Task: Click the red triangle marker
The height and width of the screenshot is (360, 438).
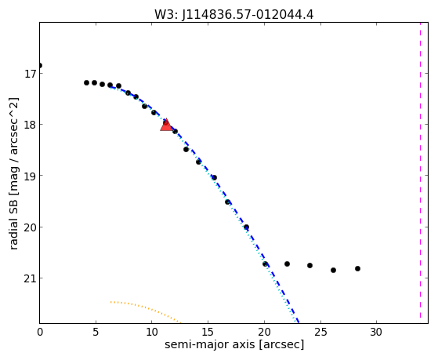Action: pyautogui.click(x=166, y=125)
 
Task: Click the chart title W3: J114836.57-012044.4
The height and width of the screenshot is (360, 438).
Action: pyautogui.click(x=234, y=14)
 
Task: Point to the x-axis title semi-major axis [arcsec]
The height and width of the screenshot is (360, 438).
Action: pyautogui.click(x=234, y=344)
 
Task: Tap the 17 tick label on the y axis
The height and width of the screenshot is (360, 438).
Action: pyautogui.click(x=29, y=74)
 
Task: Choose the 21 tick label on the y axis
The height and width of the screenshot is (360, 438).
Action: pyautogui.click(x=29, y=278)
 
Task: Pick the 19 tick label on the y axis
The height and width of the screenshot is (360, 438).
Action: pyautogui.click(x=29, y=176)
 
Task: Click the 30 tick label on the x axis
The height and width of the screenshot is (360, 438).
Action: pyautogui.click(x=376, y=332)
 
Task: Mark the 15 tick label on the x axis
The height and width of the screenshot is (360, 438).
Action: pyautogui.click(x=208, y=332)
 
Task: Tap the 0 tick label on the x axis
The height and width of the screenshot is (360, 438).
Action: pyautogui.click(x=40, y=332)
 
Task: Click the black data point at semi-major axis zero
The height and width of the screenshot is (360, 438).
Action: pyautogui.click(x=40, y=65)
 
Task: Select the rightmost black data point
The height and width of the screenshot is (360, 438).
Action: pyautogui.click(x=357, y=268)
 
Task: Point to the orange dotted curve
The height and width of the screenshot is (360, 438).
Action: pyautogui.click(x=146, y=309)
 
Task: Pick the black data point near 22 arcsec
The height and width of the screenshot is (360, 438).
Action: pyautogui.click(x=287, y=264)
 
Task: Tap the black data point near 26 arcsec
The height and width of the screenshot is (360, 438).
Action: pyautogui.click(x=333, y=270)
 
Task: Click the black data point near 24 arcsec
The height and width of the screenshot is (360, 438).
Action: pyautogui.click(x=309, y=265)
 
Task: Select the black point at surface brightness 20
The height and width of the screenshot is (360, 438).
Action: pyautogui.click(x=246, y=227)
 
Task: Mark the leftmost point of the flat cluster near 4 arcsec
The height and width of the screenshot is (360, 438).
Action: pyautogui.click(x=87, y=82)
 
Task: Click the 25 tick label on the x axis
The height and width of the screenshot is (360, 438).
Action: pyautogui.click(x=320, y=332)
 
